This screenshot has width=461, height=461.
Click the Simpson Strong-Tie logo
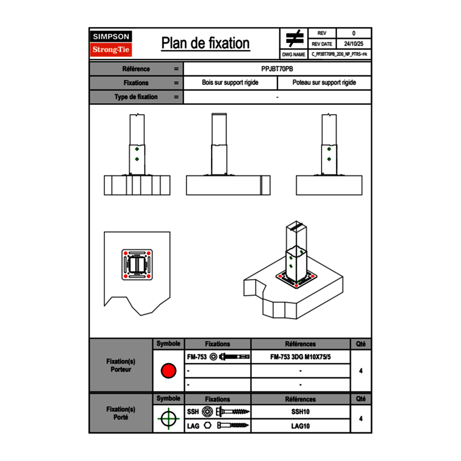[112, 43]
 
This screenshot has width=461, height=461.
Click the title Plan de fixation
[205, 43]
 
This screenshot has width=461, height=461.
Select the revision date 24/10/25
[354, 44]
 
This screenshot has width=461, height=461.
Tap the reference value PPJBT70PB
[277, 69]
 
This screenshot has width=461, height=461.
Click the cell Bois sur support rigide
[230, 83]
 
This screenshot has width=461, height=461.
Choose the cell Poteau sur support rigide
[324, 83]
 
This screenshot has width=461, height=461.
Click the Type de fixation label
[136, 97]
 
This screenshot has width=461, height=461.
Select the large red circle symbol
[168, 371]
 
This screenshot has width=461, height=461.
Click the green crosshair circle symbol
[168, 419]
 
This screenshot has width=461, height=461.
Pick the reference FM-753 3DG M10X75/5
[300, 357]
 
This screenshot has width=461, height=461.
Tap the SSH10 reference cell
[300, 412]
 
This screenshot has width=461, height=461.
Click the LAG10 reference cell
[300, 426]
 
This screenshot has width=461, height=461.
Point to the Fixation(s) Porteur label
[120, 365]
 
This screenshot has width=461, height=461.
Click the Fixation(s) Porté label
[120, 413]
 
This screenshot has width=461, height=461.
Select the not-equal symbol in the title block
[294, 39]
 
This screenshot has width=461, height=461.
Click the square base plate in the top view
[137, 266]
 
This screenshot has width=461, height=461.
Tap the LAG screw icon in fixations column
[233, 426]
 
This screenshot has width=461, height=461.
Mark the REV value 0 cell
[354, 33]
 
